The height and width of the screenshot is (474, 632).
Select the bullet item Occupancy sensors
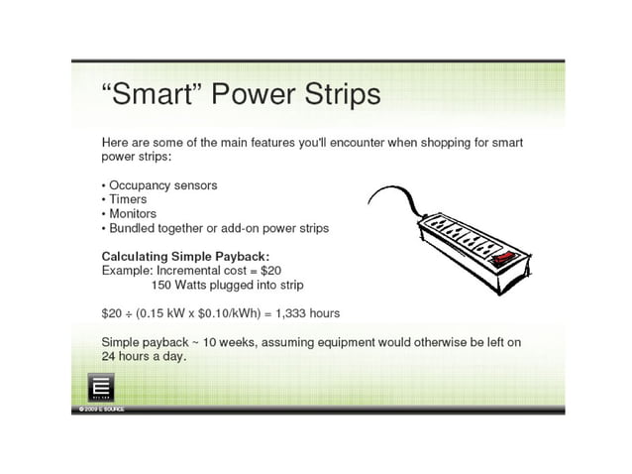[x=162, y=185]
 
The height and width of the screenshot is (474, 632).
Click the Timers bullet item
[x=128, y=199]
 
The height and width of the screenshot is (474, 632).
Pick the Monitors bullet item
[x=133, y=213]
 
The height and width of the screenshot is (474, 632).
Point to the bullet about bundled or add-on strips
[x=218, y=228]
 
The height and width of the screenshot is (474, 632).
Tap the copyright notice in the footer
[x=97, y=409]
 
